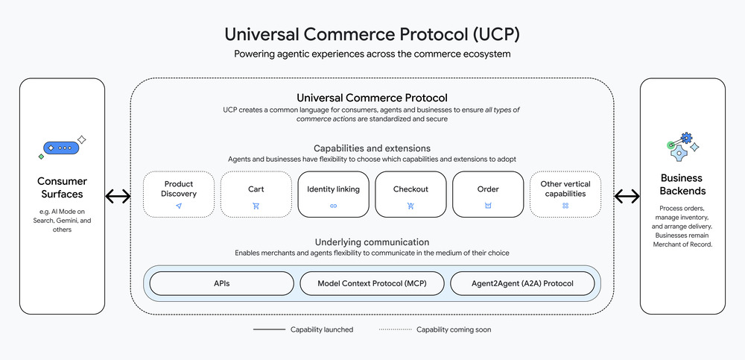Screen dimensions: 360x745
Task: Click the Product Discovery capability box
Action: pos(178,195)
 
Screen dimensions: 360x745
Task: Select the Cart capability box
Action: pos(256,195)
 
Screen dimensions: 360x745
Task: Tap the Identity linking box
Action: pos(333,195)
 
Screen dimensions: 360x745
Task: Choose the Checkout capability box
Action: pos(410,195)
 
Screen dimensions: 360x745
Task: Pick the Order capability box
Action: pos(488,195)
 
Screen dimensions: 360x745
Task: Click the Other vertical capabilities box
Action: pos(565,195)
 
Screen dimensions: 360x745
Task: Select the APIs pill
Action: pos(222,283)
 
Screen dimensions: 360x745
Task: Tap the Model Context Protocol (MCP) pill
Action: pos(372,283)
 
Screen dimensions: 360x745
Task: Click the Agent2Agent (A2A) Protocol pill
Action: pos(522,283)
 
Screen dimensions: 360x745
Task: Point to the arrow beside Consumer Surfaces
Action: pos(118,197)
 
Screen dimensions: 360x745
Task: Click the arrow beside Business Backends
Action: pos(627,197)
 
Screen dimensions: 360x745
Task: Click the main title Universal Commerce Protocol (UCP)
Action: pos(372,35)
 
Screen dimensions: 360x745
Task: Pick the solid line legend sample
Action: pos(269,329)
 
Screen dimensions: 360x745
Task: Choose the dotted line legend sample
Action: pos(394,329)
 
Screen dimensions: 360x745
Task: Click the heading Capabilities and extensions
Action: pos(372,148)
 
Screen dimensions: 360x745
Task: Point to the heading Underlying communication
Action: pos(372,242)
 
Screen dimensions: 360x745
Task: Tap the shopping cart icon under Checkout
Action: pos(410,206)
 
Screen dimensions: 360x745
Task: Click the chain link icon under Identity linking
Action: pos(333,206)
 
